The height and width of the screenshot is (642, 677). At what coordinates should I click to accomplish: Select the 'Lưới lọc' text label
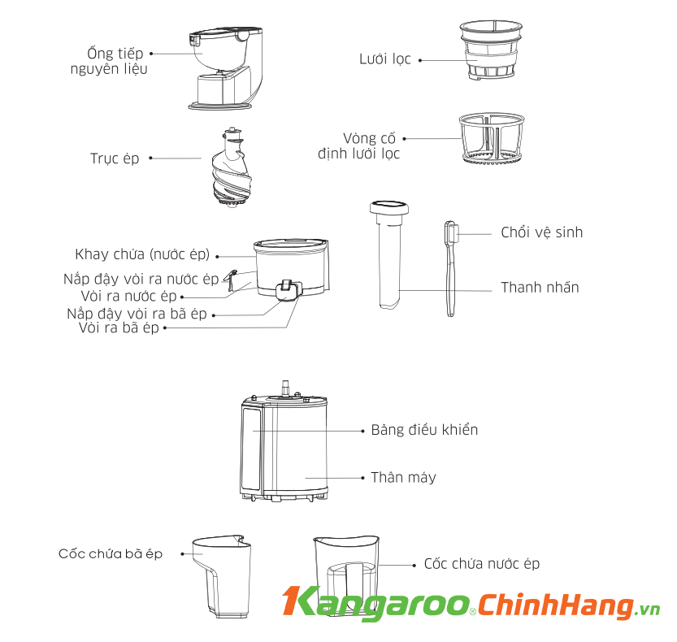point(385,59)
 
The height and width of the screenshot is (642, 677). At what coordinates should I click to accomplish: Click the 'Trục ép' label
point(115,158)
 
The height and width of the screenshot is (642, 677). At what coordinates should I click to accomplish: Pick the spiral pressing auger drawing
point(232,171)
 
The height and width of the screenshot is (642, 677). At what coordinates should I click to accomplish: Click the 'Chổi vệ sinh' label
point(541,232)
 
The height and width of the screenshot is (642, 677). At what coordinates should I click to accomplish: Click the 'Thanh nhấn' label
point(540,288)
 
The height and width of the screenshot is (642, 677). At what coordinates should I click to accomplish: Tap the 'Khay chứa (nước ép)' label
point(142,254)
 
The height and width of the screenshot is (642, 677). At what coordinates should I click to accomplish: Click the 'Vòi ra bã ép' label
point(119,328)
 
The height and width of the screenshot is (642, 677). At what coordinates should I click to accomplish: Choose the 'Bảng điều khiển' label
point(424,430)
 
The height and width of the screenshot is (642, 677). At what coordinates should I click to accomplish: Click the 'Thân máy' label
point(403,477)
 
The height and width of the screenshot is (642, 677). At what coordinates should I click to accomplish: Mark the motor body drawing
point(284,447)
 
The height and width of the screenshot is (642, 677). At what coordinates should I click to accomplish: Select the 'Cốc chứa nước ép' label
point(481,564)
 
